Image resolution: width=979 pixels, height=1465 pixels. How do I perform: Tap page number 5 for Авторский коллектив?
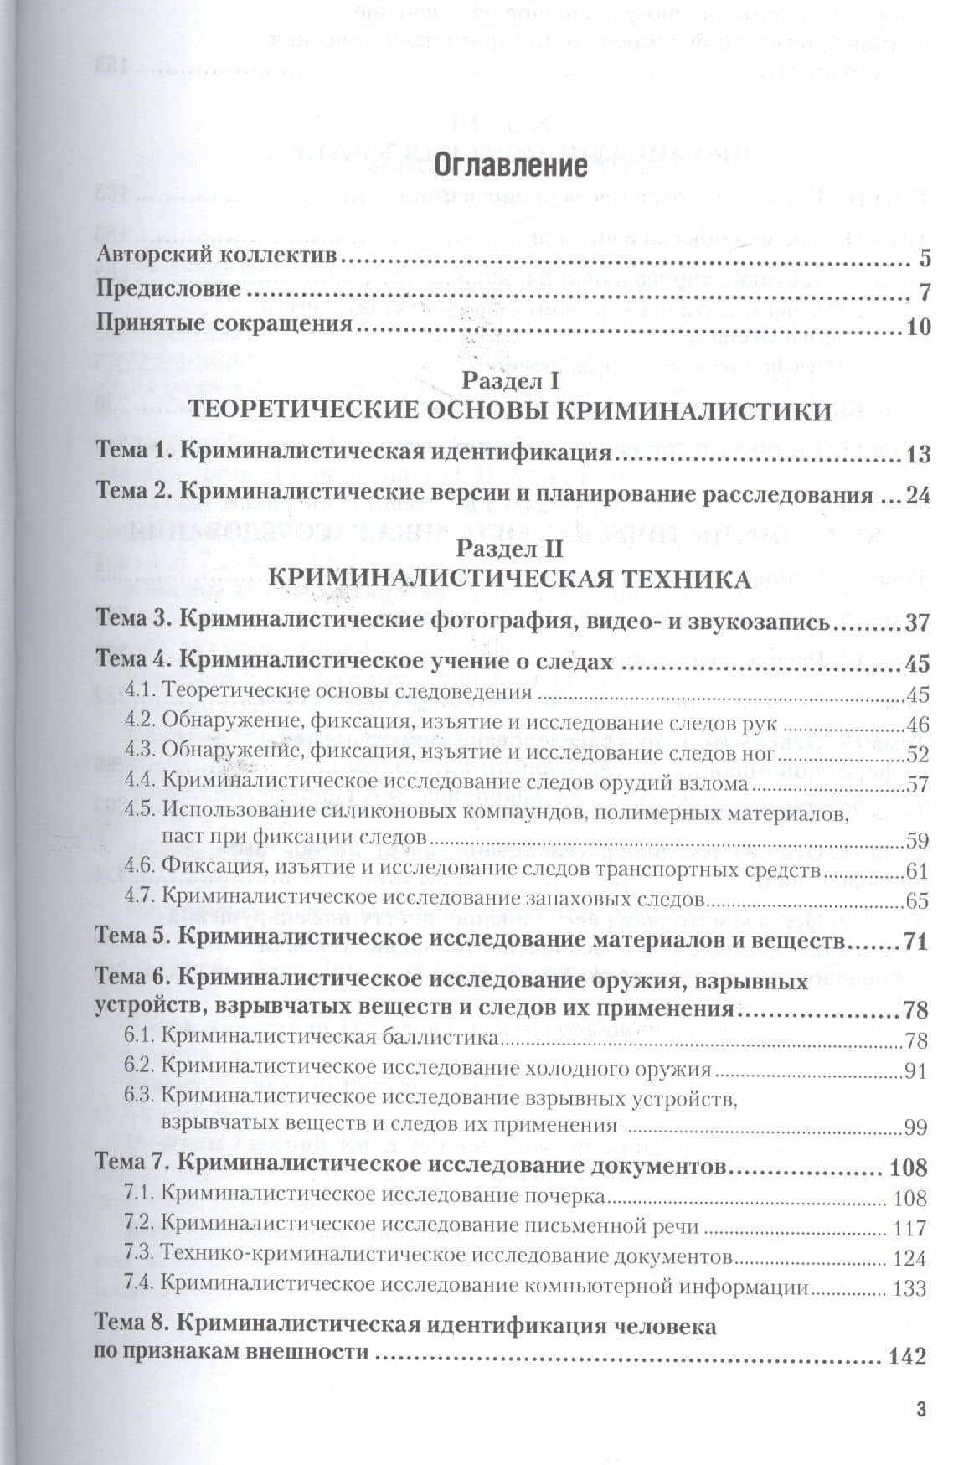point(925,257)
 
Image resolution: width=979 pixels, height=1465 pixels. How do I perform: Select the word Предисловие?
point(168,291)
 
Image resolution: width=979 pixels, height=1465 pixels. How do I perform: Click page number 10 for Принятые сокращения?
point(919,325)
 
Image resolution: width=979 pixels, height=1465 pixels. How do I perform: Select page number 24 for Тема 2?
point(919,494)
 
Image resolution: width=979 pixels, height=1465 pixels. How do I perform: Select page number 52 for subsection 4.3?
point(917,754)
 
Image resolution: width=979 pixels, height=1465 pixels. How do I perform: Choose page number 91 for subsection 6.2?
point(917,1070)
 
